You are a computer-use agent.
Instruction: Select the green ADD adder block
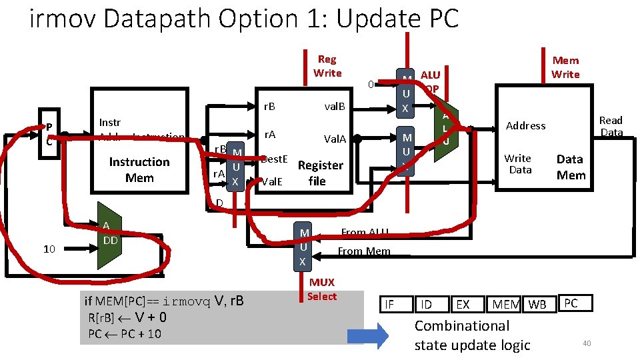109,235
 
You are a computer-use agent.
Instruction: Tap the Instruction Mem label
139,170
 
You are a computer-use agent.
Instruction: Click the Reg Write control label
327,66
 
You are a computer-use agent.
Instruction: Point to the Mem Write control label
565,67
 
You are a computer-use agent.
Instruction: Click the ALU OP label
430,82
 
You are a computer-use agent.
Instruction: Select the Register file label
320,173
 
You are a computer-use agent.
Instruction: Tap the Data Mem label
570,167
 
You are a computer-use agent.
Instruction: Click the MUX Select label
322,289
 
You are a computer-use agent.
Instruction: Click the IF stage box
389,305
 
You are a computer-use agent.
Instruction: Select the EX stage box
462,305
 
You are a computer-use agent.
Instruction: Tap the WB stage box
537,305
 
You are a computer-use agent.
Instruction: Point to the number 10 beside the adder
49,249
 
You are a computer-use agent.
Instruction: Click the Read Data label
611,126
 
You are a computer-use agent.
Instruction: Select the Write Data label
518,164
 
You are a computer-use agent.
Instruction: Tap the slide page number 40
587,343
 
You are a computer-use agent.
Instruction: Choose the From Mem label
363,251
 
